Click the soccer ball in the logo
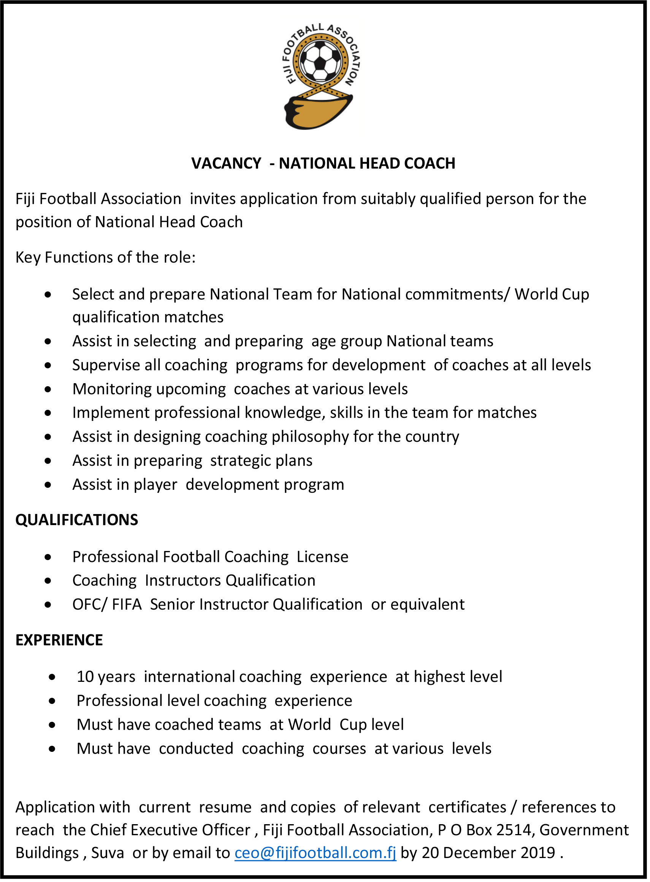321,61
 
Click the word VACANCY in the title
226,163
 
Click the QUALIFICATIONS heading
77,520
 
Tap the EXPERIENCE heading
59,640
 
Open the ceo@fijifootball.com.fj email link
315,853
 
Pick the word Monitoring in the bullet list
112,389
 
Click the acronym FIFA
127,604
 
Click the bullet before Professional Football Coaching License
48,557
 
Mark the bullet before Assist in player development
48,485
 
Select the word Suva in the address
108,853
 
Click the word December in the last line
480,853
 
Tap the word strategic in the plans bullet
240,461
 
